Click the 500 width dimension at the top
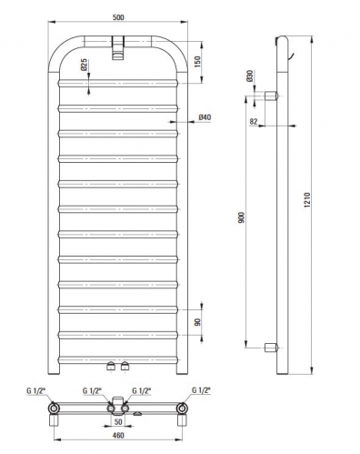[118, 17]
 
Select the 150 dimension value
[197, 62]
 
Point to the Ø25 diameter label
[84, 65]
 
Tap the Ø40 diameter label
[205, 117]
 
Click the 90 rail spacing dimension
[197, 322]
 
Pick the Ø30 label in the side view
[250, 76]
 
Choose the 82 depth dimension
[254, 122]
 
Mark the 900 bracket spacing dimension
[241, 218]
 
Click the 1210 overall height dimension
[307, 200]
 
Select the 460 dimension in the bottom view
[118, 435]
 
